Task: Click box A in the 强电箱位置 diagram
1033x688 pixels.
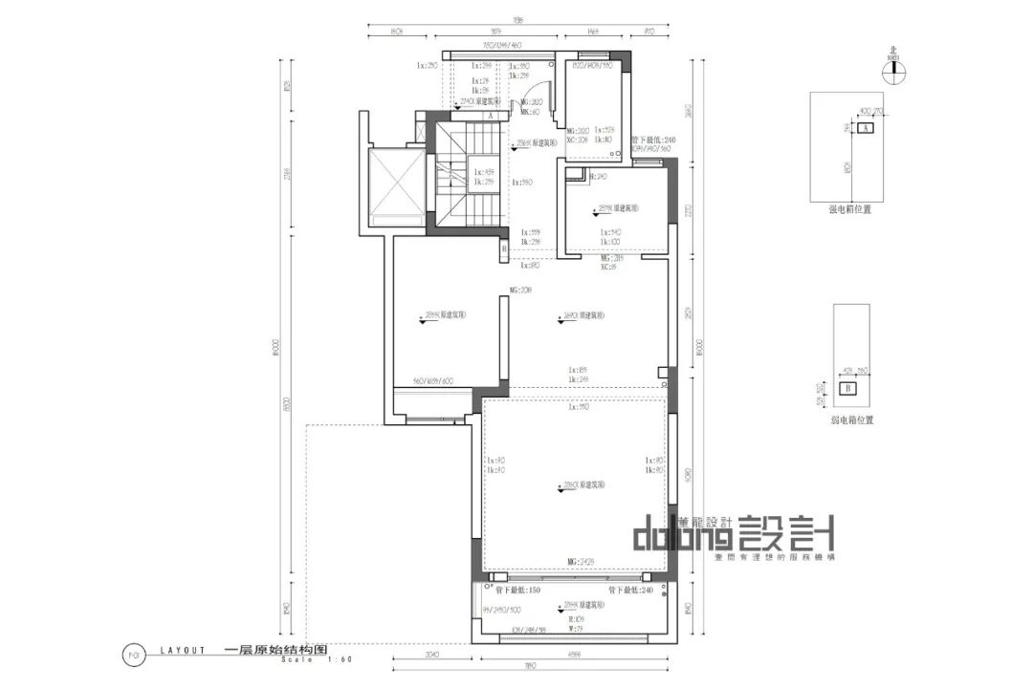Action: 865,127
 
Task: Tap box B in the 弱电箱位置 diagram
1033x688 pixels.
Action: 847,389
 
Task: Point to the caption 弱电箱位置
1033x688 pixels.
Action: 850,419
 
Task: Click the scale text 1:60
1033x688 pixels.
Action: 339,659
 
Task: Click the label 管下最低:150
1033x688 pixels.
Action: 517,591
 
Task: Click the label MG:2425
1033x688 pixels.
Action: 582,561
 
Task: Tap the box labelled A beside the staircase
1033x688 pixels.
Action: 490,116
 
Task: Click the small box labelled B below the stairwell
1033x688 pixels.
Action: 504,249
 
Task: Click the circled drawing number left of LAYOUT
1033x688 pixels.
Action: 134,654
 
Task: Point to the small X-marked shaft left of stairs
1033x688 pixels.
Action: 420,125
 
